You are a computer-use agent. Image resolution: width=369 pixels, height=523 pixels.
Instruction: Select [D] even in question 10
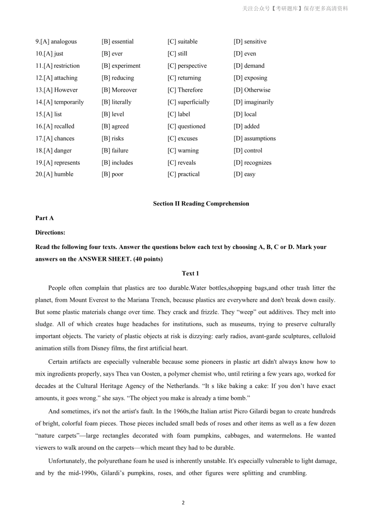pos(245,54)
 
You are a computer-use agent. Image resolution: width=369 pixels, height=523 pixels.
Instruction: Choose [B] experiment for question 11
pos(121,66)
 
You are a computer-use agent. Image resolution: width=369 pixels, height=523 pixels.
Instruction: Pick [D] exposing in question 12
pos(250,78)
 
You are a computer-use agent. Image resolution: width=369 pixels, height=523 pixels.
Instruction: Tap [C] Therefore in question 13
pos(185,90)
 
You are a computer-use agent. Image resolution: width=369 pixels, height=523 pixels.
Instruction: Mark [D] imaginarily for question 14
pos(253,102)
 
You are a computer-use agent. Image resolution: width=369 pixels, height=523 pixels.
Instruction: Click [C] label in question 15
pos(179,114)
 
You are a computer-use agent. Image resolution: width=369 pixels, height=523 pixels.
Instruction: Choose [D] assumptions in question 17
pos(254,138)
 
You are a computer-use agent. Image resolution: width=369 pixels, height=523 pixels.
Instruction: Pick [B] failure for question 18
pos(115,150)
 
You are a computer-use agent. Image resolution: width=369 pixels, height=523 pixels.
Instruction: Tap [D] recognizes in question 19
pos(252,163)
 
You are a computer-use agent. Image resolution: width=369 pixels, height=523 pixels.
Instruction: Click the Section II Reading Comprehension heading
pos(201,204)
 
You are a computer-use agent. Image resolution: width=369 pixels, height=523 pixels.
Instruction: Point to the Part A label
pos(45,218)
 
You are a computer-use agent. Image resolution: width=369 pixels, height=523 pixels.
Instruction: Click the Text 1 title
pos(190,274)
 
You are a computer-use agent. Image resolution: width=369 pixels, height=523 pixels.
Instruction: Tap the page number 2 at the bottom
pos(183,503)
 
